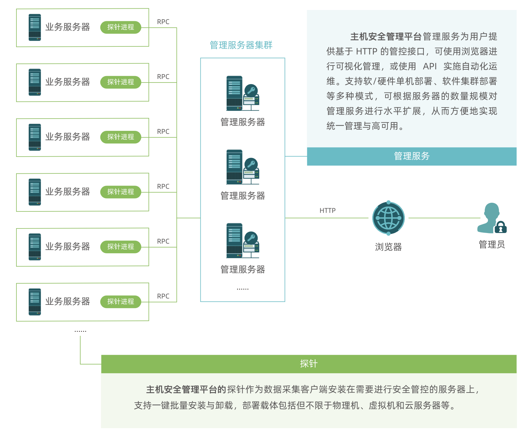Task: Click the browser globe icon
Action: click(388, 218)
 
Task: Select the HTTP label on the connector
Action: click(327, 210)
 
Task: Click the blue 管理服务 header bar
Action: click(412, 156)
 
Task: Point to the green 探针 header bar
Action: click(308, 364)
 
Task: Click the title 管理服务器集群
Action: click(241, 45)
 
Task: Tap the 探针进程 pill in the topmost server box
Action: click(121, 27)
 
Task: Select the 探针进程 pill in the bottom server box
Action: click(121, 302)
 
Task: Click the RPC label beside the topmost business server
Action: click(163, 22)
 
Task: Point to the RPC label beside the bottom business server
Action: click(163, 296)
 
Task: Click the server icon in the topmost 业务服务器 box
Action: click(35, 27)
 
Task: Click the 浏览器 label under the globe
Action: click(388, 247)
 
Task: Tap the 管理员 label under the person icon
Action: click(492, 245)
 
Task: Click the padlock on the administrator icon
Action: click(501, 228)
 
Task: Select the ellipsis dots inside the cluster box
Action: click(242, 289)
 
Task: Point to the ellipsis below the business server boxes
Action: click(80, 331)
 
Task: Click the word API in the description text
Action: click(430, 66)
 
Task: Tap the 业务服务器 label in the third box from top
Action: click(68, 137)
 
